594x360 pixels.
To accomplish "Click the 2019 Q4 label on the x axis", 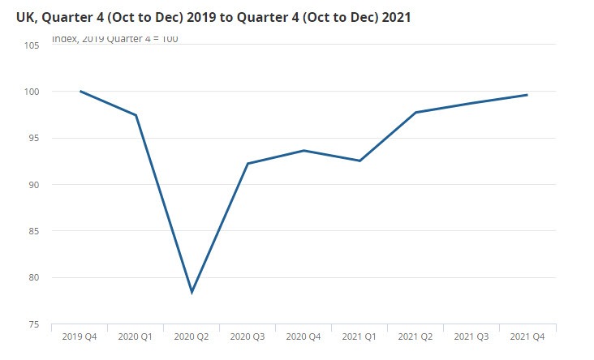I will click(80, 336).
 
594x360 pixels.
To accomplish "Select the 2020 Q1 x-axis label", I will click(136, 336).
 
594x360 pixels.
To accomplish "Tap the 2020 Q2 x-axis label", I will click(192, 336).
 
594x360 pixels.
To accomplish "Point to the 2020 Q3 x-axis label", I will click(247, 336).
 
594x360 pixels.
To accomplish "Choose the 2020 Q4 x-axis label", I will click(303, 336).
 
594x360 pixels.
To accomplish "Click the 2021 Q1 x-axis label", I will click(359, 336).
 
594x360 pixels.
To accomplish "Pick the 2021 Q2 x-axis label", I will click(415, 336).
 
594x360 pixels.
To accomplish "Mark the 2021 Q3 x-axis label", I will click(471, 336).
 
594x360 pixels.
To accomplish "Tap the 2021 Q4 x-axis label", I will click(527, 336).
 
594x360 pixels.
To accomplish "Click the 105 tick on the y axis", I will click(32, 45).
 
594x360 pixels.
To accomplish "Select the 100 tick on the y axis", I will click(32, 92).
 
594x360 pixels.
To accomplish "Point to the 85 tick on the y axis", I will click(33, 231).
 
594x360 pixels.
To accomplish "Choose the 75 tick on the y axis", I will click(33, 324).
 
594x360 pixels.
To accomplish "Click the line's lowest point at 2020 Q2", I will click(192, 292).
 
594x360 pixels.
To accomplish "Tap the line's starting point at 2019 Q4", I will click(80, 92).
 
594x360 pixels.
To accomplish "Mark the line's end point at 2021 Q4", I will click(527, 95).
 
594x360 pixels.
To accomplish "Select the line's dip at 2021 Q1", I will click(359, 161).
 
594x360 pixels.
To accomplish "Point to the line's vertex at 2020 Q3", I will click(247, 164).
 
